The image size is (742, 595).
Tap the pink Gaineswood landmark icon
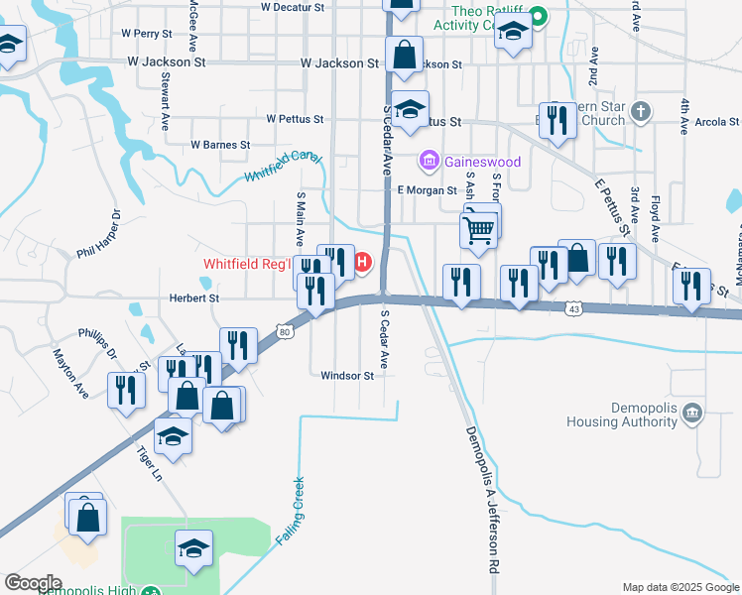pyautogui.click(x=430, y=160)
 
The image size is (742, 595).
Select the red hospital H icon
pyautogui.click(x=362, y=263)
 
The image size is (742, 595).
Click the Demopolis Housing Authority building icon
pyautogui.click(x=693, y=412)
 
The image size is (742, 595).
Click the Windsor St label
pyautogui.click(x=347, y=376)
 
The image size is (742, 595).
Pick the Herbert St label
pyautogui.click(x=179, y=297)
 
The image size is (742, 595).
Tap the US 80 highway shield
pyautogui.click(x=285, y=332)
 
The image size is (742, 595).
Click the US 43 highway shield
pyautogui.click(x=574, y=309)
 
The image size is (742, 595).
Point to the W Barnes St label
pyautogui.click(x=220, y=145)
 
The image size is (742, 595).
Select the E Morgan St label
pyautogui.click(x=427, y=190)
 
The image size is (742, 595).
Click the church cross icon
pyautogui.click(x=641, y=110)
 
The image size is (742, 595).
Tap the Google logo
pyautogui.click(x=33, y=583)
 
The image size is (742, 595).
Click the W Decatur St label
pyautogui.click(x=293, y=7)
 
